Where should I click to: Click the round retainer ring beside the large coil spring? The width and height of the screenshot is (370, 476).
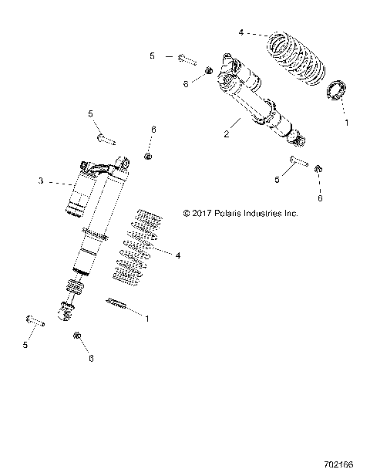[x=336, y=90]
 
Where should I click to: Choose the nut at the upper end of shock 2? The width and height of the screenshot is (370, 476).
[x=209, y=72]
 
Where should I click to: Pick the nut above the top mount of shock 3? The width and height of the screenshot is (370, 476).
[x=148, y=157]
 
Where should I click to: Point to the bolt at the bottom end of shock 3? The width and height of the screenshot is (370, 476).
[x=35, y=320]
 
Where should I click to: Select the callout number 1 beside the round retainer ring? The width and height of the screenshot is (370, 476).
[x=345, y=122]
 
